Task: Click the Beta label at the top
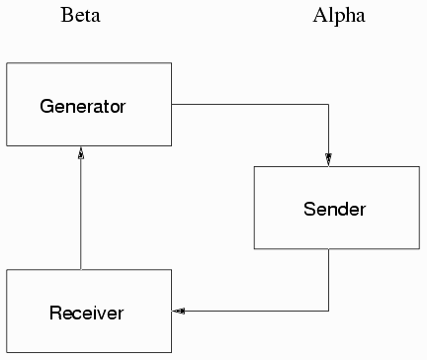tap(80, 16)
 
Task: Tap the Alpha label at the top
tap(339, 16)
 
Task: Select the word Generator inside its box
tap(85, 105)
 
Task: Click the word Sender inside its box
tap(334, 210)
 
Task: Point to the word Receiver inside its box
tap(86, 314)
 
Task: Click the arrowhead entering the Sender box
tap(328, 159)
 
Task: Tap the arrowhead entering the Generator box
tap(81, 154)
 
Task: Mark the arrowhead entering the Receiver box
tap(179, 312)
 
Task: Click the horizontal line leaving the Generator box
tap(247, 103)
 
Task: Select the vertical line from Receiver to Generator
tap(81, 213)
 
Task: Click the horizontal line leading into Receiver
tap(257, 312)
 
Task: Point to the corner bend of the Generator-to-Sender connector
tap(328, 103)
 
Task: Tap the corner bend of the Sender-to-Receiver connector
tap(328, 312)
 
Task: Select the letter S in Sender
tap(308, 210)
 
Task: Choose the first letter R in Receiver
tap(54, 314)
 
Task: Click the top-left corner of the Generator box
tap(7, 63)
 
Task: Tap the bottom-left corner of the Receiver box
tap(7, 353)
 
